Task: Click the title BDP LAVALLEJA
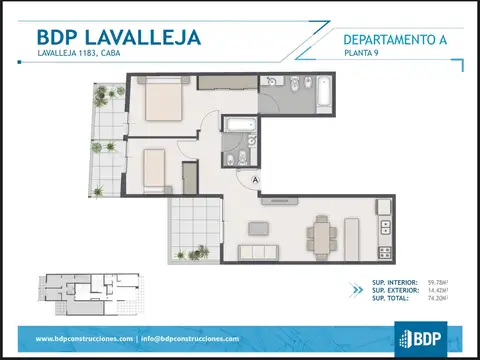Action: [x=118, y=37]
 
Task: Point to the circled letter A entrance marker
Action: [x=256, y=179]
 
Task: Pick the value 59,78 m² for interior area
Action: [x=437, y=283]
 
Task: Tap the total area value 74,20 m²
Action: [x=437, y=298]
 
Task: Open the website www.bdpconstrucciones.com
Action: [x=84, y=338]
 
